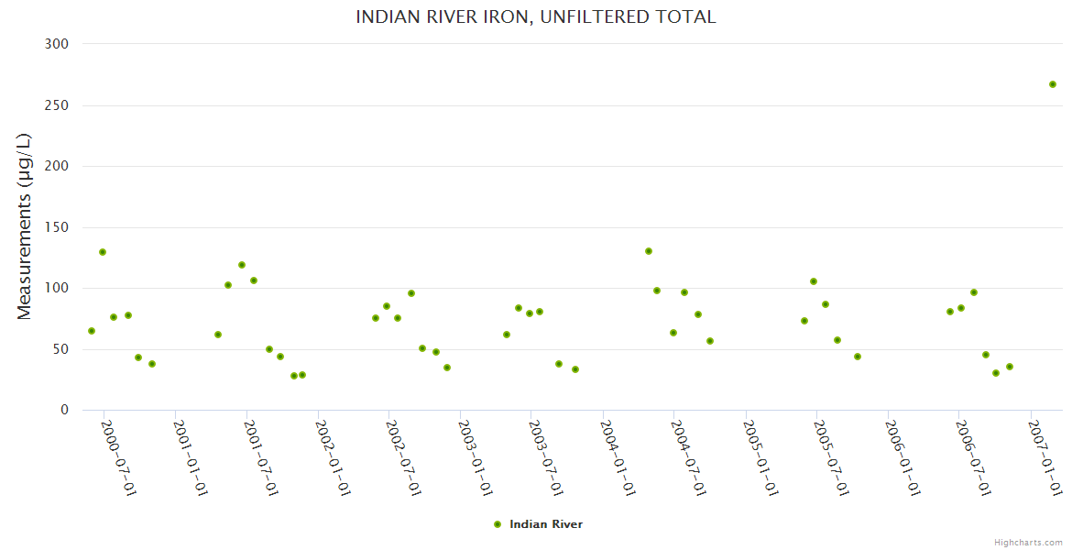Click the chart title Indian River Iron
(536, 17)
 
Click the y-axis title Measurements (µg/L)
(25, 226)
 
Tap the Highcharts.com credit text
(1029, 542)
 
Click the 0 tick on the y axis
(64, 410)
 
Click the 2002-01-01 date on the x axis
(333, 458)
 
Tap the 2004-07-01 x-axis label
(689, 458)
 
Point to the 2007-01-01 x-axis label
(1045, 458)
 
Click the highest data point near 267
(1053, 84)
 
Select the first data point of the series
(92, 331)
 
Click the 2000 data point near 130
(103, 252)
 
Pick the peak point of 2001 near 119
(242, 265)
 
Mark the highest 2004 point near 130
(649, 251)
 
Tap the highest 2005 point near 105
(814, 281)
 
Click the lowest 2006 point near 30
(996, 373)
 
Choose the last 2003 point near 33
(575, 369)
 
